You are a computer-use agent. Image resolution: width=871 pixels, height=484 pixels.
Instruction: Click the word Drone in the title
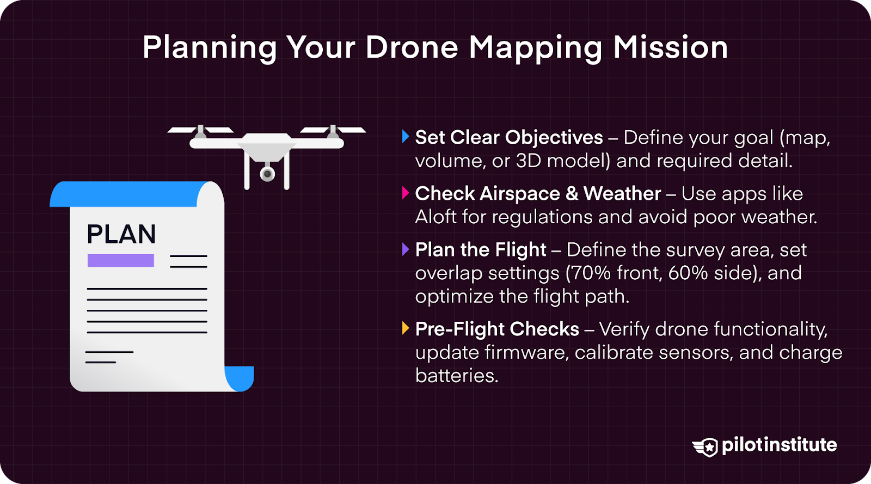(x=412, y=47)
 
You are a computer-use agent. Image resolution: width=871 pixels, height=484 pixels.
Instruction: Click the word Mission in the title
(x=670, y=47)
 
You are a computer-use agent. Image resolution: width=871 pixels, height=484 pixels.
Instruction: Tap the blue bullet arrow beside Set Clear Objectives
(x=405, y=137)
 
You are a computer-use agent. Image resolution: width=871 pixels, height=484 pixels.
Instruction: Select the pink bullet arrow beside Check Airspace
(x=405, y=193)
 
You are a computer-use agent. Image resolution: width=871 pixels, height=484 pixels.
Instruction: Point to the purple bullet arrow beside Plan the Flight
(x=405, y=249)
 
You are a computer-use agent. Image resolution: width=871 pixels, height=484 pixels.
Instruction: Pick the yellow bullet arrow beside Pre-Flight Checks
(x=405, y=328)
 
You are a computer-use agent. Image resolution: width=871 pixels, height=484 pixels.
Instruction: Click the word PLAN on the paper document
(x=121, y=235)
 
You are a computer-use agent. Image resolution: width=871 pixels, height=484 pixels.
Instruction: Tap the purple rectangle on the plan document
(x=121, y=260)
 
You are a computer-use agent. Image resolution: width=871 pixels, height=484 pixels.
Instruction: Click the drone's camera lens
(x=267, y=174)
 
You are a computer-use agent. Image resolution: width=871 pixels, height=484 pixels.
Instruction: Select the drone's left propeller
(x=200, y=130)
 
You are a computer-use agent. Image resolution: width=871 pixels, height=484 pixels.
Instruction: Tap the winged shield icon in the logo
(x=706, y=447)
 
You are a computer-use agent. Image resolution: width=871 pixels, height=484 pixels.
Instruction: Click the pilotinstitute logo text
(x=779, y=445)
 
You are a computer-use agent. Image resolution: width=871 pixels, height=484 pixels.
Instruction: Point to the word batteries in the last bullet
(x=456, y=375)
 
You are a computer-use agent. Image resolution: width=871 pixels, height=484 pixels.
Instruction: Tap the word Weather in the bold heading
(x=622, y=193)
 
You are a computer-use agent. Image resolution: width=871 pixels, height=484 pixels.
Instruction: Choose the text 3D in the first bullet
(x=528, y=161)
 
